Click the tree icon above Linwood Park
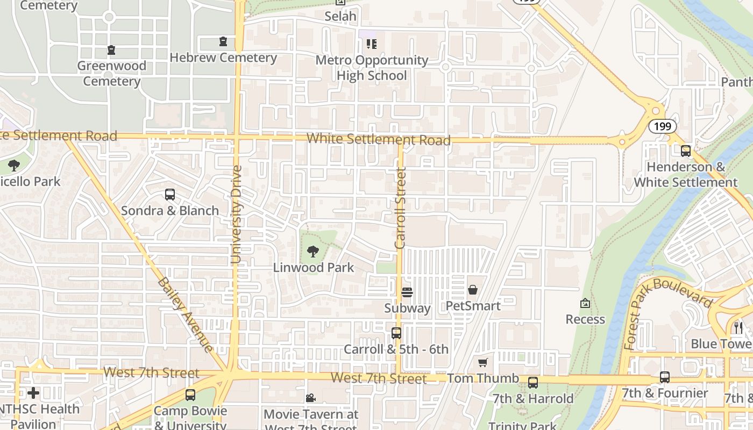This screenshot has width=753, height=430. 312,251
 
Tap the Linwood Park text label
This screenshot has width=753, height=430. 314,267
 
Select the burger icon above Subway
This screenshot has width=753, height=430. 407,292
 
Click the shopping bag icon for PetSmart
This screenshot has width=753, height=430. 473,290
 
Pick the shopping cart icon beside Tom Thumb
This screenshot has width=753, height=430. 483,363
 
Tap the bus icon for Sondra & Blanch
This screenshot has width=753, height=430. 170,195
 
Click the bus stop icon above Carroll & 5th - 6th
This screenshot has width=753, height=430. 396,333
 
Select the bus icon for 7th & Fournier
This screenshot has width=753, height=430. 665,377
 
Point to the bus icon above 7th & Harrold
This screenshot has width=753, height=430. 533,383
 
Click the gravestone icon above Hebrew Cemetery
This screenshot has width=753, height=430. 223,41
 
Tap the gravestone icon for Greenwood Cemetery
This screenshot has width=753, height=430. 111,50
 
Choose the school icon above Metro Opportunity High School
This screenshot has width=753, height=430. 371,44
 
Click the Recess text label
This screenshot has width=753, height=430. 585,319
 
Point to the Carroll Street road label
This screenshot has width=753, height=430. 400,208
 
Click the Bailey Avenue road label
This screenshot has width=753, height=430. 186,314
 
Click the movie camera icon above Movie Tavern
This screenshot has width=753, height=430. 310,398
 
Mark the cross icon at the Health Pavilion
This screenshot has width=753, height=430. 33,393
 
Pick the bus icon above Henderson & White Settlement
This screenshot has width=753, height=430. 685,151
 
